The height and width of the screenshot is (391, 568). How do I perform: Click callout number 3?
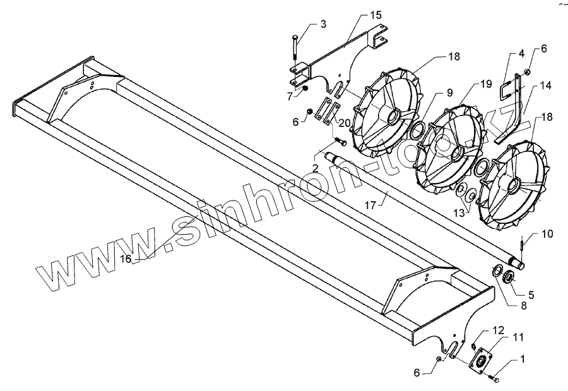pos(323,24)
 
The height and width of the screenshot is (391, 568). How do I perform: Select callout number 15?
pos(376,15)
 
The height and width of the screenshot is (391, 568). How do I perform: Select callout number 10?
pos(547,235)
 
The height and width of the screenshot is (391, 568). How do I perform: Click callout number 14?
pos(545,85)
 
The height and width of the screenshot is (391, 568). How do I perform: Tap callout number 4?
pos(521,55)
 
